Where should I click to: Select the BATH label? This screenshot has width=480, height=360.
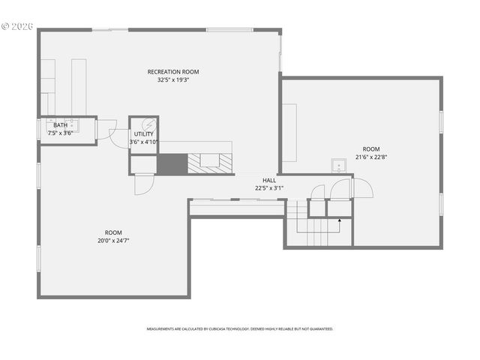click(60, 125)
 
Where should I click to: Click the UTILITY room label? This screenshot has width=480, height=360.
click(143, 134)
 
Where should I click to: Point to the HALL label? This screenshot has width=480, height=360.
click(269, 181)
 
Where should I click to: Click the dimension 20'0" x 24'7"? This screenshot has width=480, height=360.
click(113, 241)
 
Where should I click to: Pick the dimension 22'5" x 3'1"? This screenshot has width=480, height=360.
click(269, 188)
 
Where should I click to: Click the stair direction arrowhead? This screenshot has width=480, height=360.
click(340, 220)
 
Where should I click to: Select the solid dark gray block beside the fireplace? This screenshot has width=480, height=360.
click(171, 163)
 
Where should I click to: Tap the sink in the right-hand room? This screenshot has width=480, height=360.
click(338, 166)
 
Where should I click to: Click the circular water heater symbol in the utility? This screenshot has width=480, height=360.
click(148, 124)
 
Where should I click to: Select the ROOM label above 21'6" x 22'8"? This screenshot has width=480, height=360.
click(371, 149)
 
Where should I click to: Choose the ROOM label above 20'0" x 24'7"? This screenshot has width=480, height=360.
click(113, 232)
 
